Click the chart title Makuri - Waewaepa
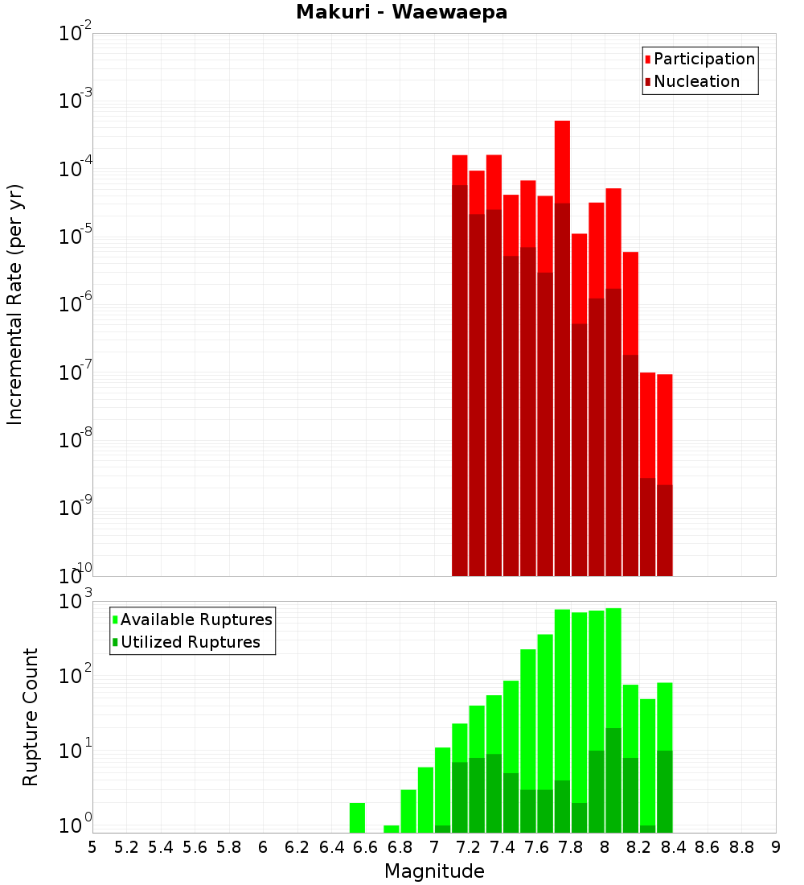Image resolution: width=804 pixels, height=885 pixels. [x=402, y=12]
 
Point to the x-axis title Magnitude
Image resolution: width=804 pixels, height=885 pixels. [x=434, y=871]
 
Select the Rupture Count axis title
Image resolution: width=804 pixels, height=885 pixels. [x=31, y=717]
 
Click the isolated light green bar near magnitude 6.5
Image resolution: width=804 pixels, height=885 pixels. [x=357, y=817]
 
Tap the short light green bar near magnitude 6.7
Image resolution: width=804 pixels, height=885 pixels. [x=392, y=829]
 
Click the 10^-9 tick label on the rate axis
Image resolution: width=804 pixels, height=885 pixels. [x=76, y=509]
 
